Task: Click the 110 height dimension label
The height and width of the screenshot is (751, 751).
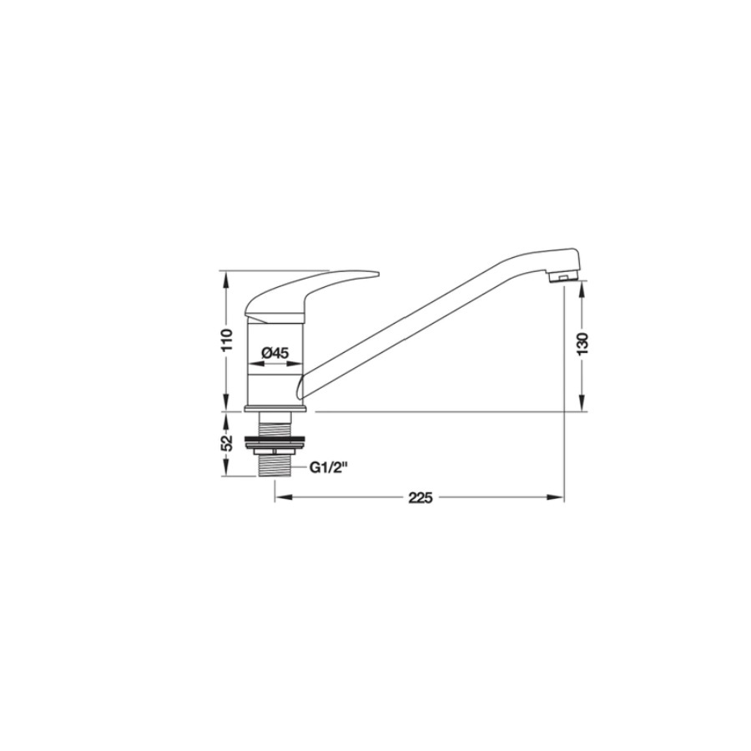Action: click(227, 340)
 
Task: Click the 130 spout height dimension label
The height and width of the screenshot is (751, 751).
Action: click(582, 344)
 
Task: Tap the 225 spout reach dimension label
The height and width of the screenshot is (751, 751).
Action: click(421, 498)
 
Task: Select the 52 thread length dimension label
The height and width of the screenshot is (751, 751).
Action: click(227, 442)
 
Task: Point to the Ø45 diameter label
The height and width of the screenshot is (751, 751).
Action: click(275, 354)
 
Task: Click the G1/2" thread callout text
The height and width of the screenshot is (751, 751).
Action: click(328, 467)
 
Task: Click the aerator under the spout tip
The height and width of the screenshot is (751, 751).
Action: click(563, 277)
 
